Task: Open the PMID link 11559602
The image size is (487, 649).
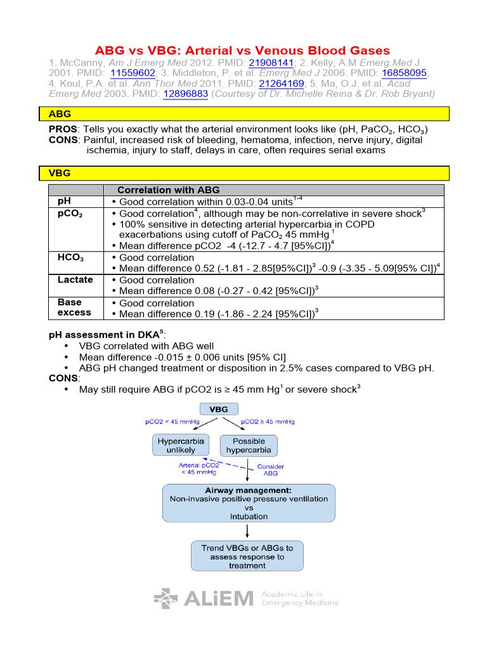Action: point(133,73)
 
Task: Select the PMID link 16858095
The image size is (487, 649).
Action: point(402,73)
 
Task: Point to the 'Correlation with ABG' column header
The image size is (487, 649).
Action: point(168,190)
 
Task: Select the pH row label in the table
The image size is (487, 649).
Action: point(65,201)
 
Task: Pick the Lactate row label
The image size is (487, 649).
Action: point(75,280)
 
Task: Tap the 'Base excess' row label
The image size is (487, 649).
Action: point(74,307)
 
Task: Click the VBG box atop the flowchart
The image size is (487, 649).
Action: point(219,409)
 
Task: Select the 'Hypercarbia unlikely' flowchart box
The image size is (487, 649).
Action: point(181,446)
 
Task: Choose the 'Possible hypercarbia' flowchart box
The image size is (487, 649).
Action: point(249,446)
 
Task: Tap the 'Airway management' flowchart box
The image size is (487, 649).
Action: point(249,503)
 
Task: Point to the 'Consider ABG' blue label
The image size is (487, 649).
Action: point(271,470)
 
